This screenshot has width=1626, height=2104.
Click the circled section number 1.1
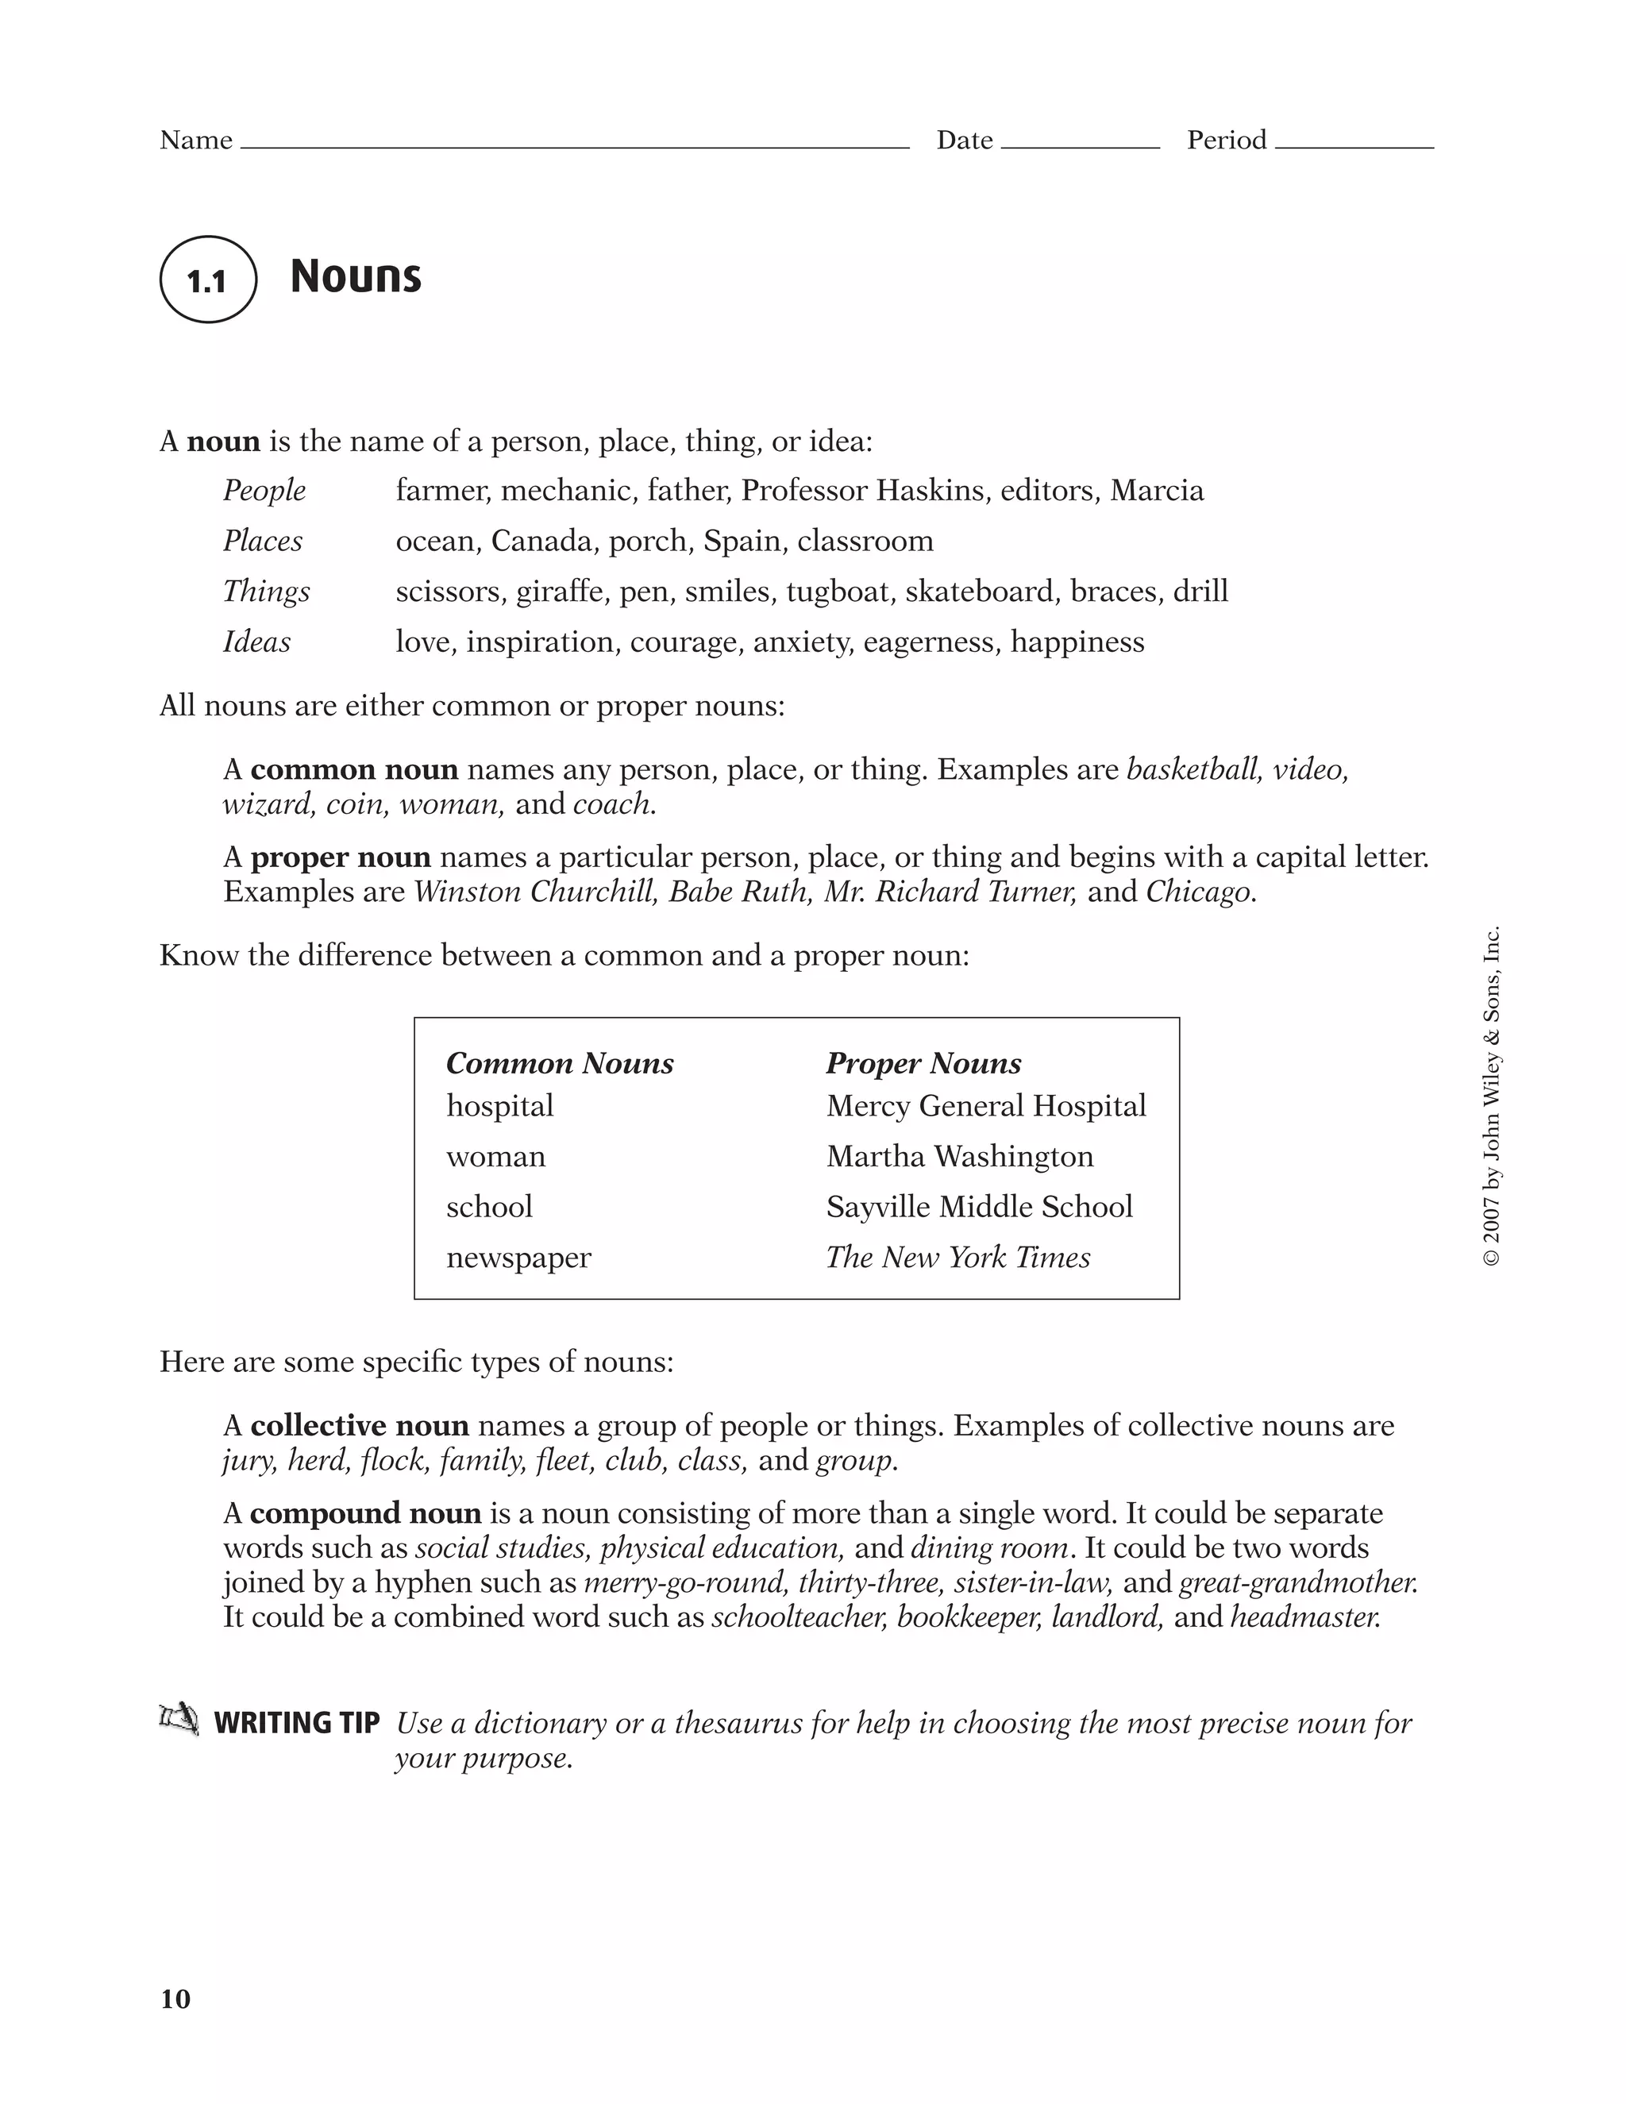207,280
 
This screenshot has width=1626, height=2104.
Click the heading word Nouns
356,276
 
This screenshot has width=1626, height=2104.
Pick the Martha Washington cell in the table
959,1156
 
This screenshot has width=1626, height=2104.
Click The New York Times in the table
957,1257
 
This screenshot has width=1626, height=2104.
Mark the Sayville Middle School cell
979,1207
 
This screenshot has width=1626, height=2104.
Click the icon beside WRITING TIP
179,1720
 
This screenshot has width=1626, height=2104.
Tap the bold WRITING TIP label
297,1723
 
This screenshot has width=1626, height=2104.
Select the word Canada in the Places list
544,541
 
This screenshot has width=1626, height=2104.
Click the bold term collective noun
360,1426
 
